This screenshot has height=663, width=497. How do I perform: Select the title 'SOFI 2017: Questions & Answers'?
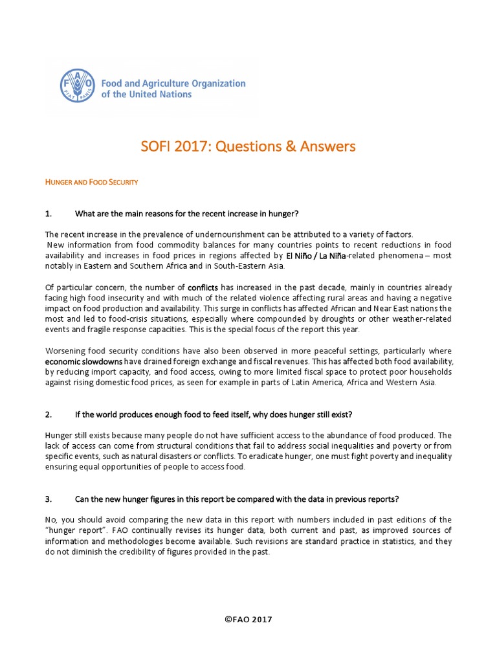248,146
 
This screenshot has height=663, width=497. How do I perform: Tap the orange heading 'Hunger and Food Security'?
91,183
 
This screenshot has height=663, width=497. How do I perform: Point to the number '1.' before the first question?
49,214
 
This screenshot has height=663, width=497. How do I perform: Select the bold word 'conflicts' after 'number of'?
203,287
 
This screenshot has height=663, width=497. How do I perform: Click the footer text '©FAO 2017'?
248,620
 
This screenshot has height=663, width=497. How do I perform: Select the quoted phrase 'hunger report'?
74,531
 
